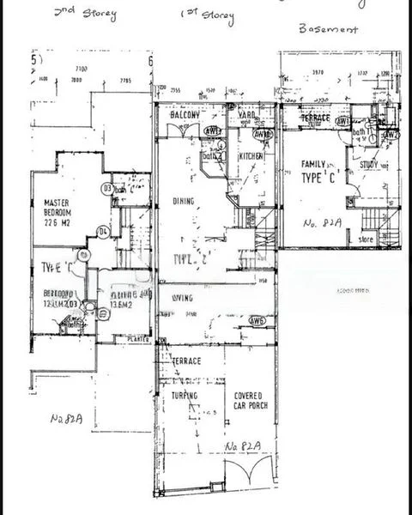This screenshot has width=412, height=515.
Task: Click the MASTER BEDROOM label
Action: [56, 208]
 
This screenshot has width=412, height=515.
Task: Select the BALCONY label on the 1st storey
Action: [184, 116]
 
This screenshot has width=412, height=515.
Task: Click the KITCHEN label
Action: [251, 156]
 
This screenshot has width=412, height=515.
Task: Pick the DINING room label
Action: [183, 202]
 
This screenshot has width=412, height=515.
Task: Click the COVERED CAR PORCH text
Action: [252, 401]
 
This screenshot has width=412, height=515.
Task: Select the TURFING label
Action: [184, 396]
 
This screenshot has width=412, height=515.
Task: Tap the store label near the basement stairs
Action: [367, 239]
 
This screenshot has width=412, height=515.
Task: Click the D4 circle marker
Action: [102, 231]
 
